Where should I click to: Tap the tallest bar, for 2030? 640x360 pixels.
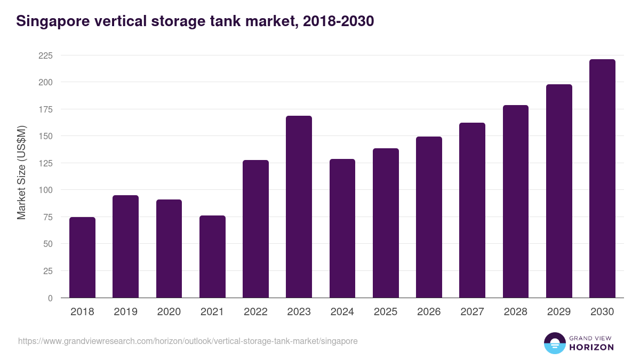[x=602, y=179]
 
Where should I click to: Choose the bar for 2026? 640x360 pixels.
[x=429, y=217]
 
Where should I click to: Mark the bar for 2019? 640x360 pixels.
[x=125, y=246]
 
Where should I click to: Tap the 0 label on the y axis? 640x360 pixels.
[x=50, y=298]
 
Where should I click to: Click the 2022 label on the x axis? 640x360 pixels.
[x=255, y=312]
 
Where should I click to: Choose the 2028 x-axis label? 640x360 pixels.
[x=516, y=312]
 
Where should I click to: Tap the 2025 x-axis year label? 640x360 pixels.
[x=386, y=312]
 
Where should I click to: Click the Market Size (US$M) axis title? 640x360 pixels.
[x=21, y=172]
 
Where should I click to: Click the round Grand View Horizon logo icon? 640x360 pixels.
[x=555, y=343]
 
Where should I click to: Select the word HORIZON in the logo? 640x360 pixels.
[x=591, y=347]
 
